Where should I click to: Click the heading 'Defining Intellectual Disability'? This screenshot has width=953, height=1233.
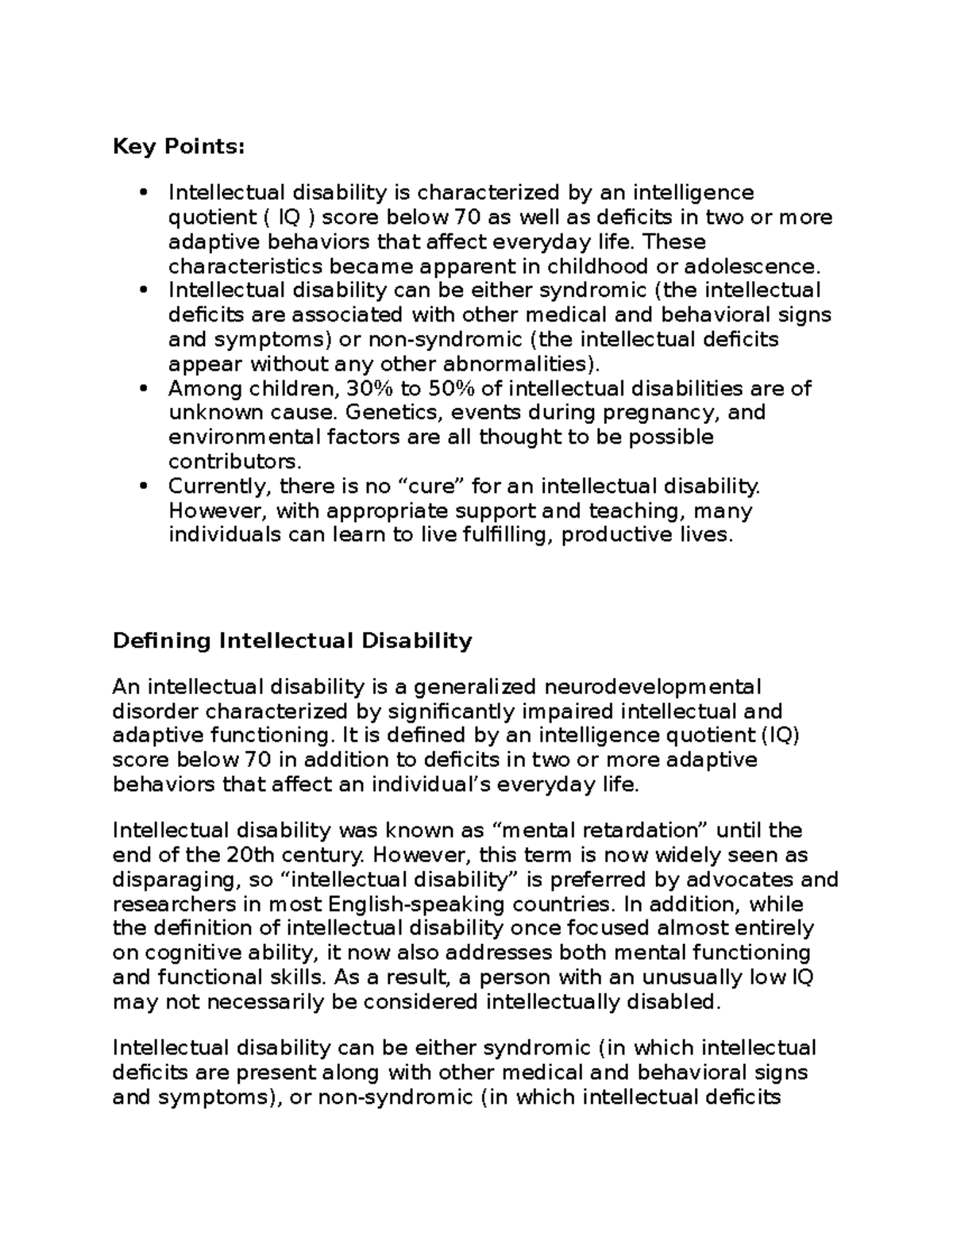[292, 641]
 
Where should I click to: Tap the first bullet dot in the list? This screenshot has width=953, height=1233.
[143, 192]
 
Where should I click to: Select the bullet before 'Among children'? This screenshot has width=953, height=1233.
[143, 388]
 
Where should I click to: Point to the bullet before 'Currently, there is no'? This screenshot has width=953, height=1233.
[143, 486]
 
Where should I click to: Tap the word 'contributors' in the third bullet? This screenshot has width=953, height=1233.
[233, 461]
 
